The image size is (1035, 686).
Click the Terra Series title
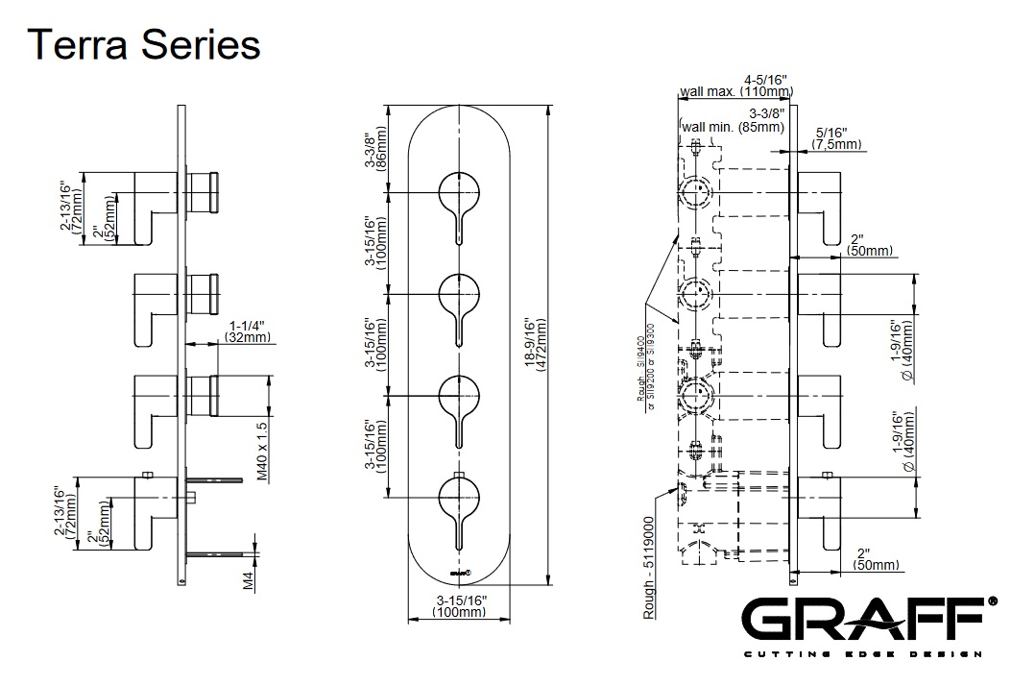(144, 44)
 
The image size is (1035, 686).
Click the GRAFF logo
(870, 622)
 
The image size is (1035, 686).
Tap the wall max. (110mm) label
(736, 91)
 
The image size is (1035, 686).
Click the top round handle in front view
(458, 196)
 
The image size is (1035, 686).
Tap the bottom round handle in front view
(458, 499)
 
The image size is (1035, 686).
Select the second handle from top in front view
(458, 294)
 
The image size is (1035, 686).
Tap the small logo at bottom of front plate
(459, 574)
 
